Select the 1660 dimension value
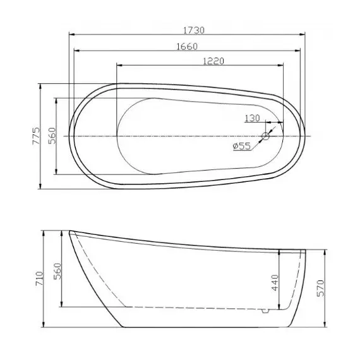[188, 46]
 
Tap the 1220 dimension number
[215, 61]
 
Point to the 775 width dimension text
[37, 136]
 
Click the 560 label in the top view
[53, 136]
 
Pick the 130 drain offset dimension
[253, 119]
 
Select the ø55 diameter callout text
[242, 146]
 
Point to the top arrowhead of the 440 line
[279, 251]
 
